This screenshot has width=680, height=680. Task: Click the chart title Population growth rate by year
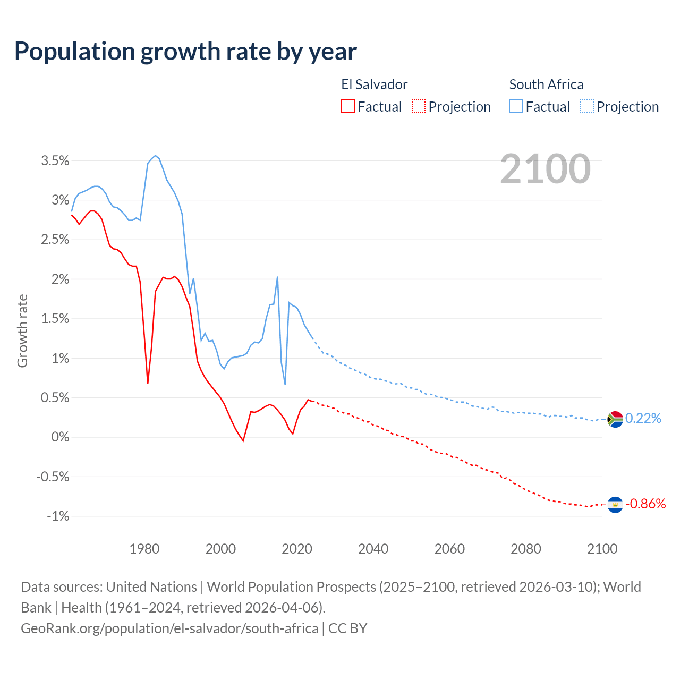[x=185, y=52]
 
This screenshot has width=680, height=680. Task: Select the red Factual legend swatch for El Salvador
[x=347, y=106]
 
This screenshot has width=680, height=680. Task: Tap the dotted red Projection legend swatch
[x=419, y=106]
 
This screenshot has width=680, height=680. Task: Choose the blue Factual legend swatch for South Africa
[x=515, y=106]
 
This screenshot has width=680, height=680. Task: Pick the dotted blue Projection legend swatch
[x=586, y=106]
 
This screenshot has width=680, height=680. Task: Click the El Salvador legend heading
[x=374, y=84]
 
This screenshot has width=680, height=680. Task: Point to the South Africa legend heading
[x=546, y=84]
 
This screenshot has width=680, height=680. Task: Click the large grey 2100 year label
[x=545, y=169]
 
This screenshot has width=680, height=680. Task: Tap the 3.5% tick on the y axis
[x=55, y=160]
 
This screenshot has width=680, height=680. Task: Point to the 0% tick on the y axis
[x=60, y=437]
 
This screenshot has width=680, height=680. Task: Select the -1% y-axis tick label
[x=58, y=516]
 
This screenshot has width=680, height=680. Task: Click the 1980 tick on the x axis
[x=144, y=549]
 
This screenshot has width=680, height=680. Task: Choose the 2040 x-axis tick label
[x=373, y=549]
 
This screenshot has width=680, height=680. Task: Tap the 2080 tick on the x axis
[x=526, y=549]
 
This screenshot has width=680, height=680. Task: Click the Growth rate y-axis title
[x=22, y=330]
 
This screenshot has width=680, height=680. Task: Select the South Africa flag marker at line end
[x=615, y=419]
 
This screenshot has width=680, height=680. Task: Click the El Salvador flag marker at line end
[x=615, y=504]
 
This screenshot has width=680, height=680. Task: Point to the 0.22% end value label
[x=643, y=419]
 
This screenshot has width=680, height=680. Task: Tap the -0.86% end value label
[x=645, y=504]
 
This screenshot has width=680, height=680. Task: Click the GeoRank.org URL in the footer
[x=169, y=628]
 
